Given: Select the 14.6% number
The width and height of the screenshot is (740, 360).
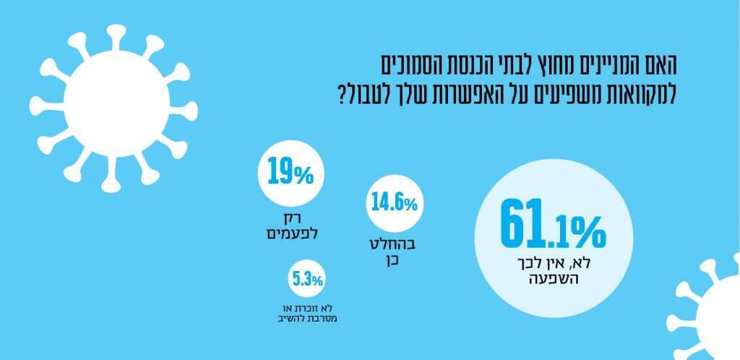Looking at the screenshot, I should pyautogui.click(x=394, y=202).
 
